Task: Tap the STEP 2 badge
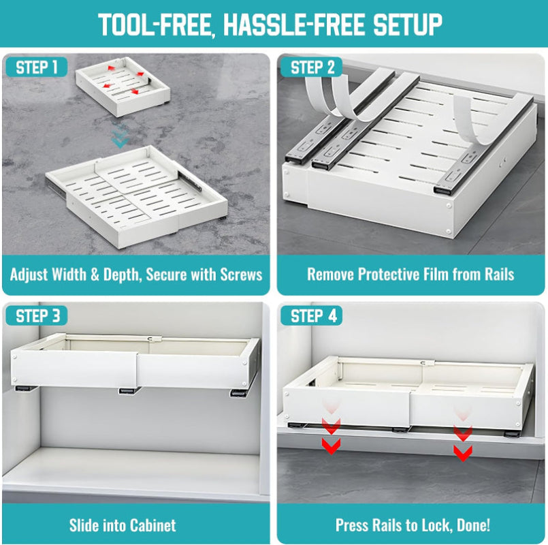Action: tap(312, 67)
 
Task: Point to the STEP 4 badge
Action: tap(312, 315)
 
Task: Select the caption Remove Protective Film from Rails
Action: tap(410, 275)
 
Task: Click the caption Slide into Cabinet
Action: tap(123, 525)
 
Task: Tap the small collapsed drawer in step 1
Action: tap(123, 85)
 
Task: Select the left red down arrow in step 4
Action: tap(332, 436)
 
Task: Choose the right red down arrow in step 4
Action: tap(463, 439)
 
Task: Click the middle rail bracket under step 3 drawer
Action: tap(127, 391)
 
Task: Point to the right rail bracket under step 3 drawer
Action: tap(239, 394)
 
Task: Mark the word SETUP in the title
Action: tap(406, 25)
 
